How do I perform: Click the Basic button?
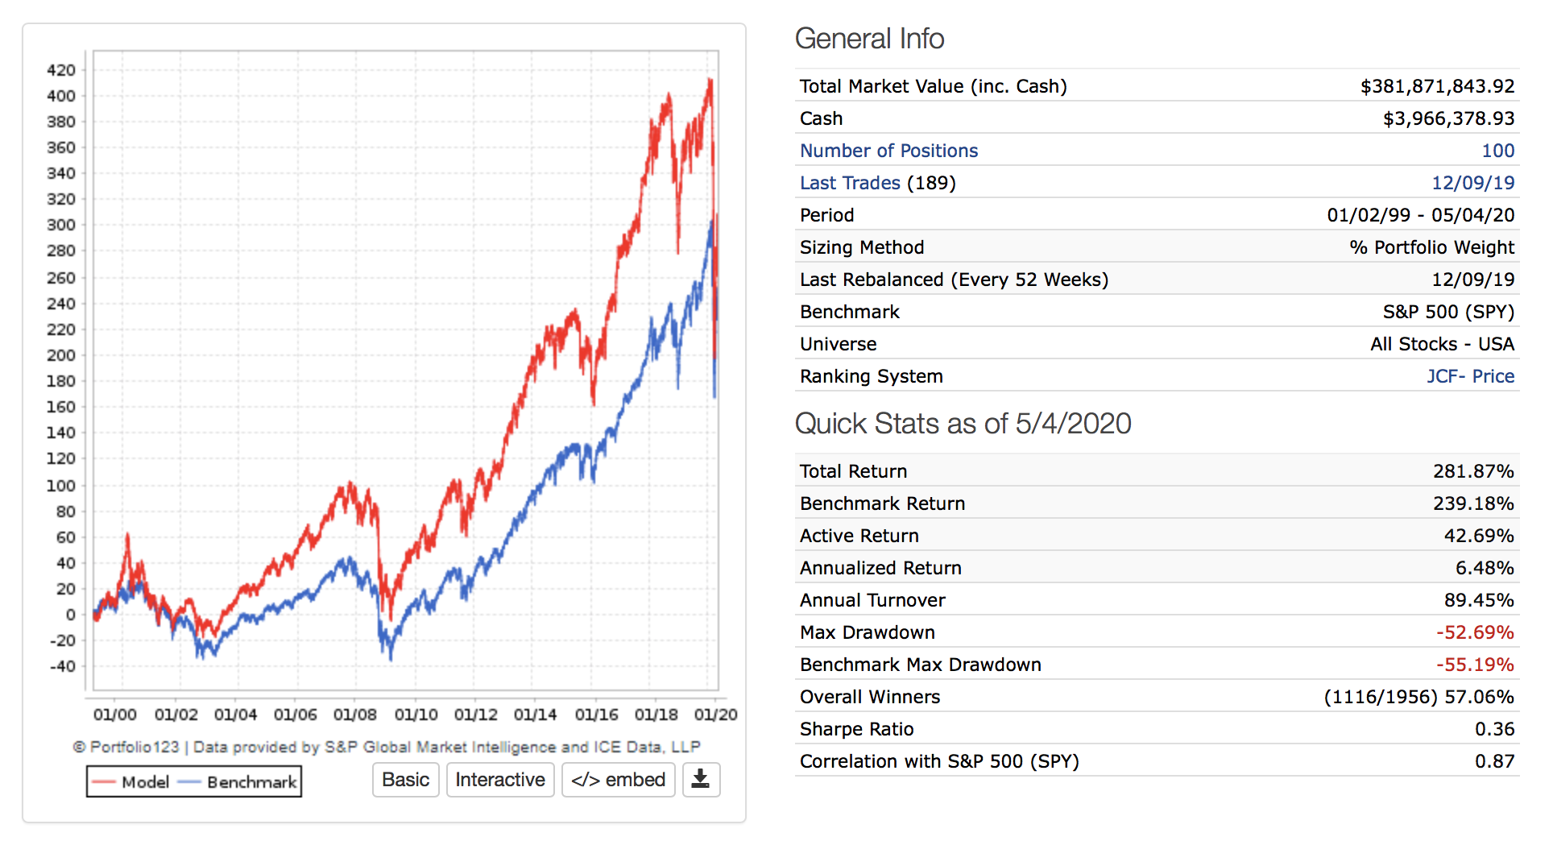point(405,780)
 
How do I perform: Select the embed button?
point(618,780)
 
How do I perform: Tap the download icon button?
point(701,780)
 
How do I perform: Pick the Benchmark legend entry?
point(238,782)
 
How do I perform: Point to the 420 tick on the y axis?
point(61,70)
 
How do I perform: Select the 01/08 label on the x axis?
point(355,715)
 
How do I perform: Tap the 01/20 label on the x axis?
point(715,715)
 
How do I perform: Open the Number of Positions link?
point(888,151)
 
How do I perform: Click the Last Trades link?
point(850,183)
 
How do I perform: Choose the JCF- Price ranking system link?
point(1470,376)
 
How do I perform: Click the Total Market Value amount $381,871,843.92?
point(1437,86)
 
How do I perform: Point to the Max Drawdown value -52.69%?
point(1475,632)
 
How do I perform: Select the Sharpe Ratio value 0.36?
point(1494,729)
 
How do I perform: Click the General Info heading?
point(869,39)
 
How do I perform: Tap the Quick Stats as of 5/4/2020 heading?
point(963,424)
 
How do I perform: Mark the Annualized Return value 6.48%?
point(1485,568)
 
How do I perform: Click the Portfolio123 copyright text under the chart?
point(387,747)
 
